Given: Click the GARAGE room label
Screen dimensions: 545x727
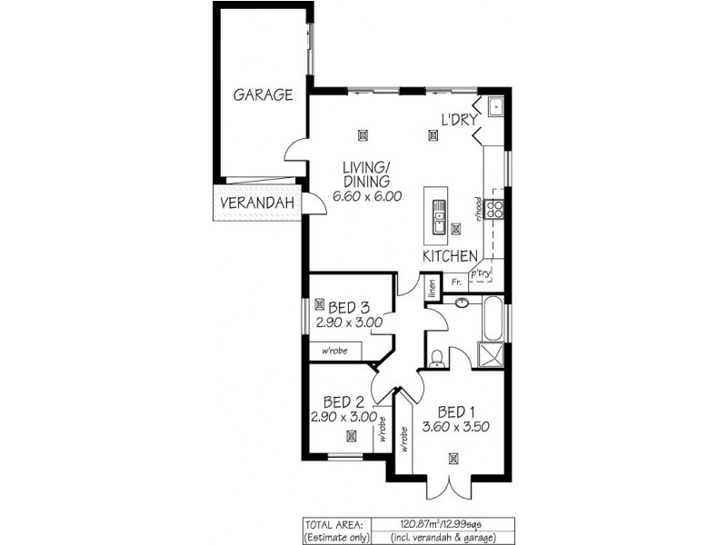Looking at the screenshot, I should tap(263, 94).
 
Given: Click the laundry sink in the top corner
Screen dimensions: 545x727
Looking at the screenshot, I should tap(496, 108).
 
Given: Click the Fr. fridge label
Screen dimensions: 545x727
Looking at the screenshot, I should tap(456, 283).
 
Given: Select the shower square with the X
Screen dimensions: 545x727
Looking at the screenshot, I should tap(492, 354).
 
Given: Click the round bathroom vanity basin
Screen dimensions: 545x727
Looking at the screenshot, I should tap(462, 304).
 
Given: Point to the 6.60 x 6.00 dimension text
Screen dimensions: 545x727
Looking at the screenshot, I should tap(366, 196).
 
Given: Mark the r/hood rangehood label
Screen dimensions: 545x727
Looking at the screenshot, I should tap(478, 210).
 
